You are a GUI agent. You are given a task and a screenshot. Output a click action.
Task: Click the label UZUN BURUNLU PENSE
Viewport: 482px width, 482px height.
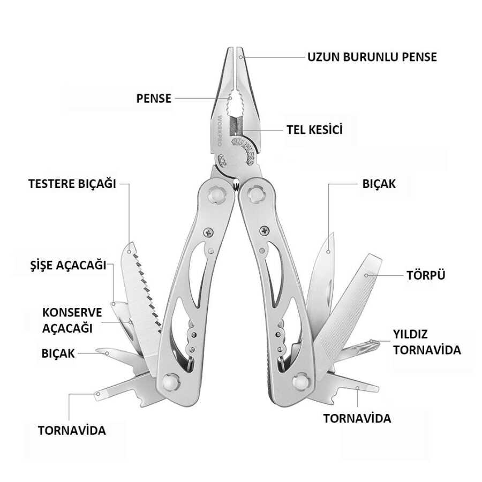click(x=372, y=57)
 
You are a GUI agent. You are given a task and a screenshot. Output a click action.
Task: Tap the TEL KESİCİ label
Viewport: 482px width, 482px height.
click(x=314, y=130)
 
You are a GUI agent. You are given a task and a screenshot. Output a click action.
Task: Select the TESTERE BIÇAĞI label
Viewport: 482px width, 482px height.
click(x=72, y=184)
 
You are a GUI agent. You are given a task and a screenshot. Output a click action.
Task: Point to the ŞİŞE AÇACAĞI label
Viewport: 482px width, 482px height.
click(x=68, y=265)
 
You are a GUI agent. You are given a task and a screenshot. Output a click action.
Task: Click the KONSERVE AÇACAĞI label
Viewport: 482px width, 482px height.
click(x=72, y=320)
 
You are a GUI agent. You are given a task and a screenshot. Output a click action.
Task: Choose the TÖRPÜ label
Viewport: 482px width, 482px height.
click(x=426, y=275)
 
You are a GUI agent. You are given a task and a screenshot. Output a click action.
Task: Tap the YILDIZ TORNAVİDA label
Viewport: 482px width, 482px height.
click(x=427, y=342)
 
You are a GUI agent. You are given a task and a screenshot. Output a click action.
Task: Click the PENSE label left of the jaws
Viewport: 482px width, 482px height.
click(x=154, y=99)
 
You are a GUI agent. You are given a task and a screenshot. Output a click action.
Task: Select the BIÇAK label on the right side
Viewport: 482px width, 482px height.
click(x=379, y=184)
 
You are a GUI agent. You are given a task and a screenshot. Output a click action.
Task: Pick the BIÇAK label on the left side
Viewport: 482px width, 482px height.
click(x=58, y=353)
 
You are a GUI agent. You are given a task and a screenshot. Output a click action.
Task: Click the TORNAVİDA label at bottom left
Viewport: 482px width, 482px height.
click(x=72, y=431)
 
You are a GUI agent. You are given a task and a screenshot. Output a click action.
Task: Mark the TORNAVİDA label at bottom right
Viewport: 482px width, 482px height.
click(x=357, y=418)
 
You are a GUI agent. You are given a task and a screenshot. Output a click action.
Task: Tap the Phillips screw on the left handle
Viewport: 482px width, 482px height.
click(x=208, y=232)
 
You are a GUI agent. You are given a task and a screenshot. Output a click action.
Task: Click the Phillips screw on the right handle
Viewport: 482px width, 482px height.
click(x=265, y=230)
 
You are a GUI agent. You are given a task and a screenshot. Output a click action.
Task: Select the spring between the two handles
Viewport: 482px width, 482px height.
click(x=236, y=185)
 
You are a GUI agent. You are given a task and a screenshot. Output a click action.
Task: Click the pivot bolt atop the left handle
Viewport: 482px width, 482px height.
click(x=216, y=194)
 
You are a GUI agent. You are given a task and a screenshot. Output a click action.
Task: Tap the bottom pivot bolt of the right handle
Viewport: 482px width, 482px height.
click(x=300, y=381)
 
